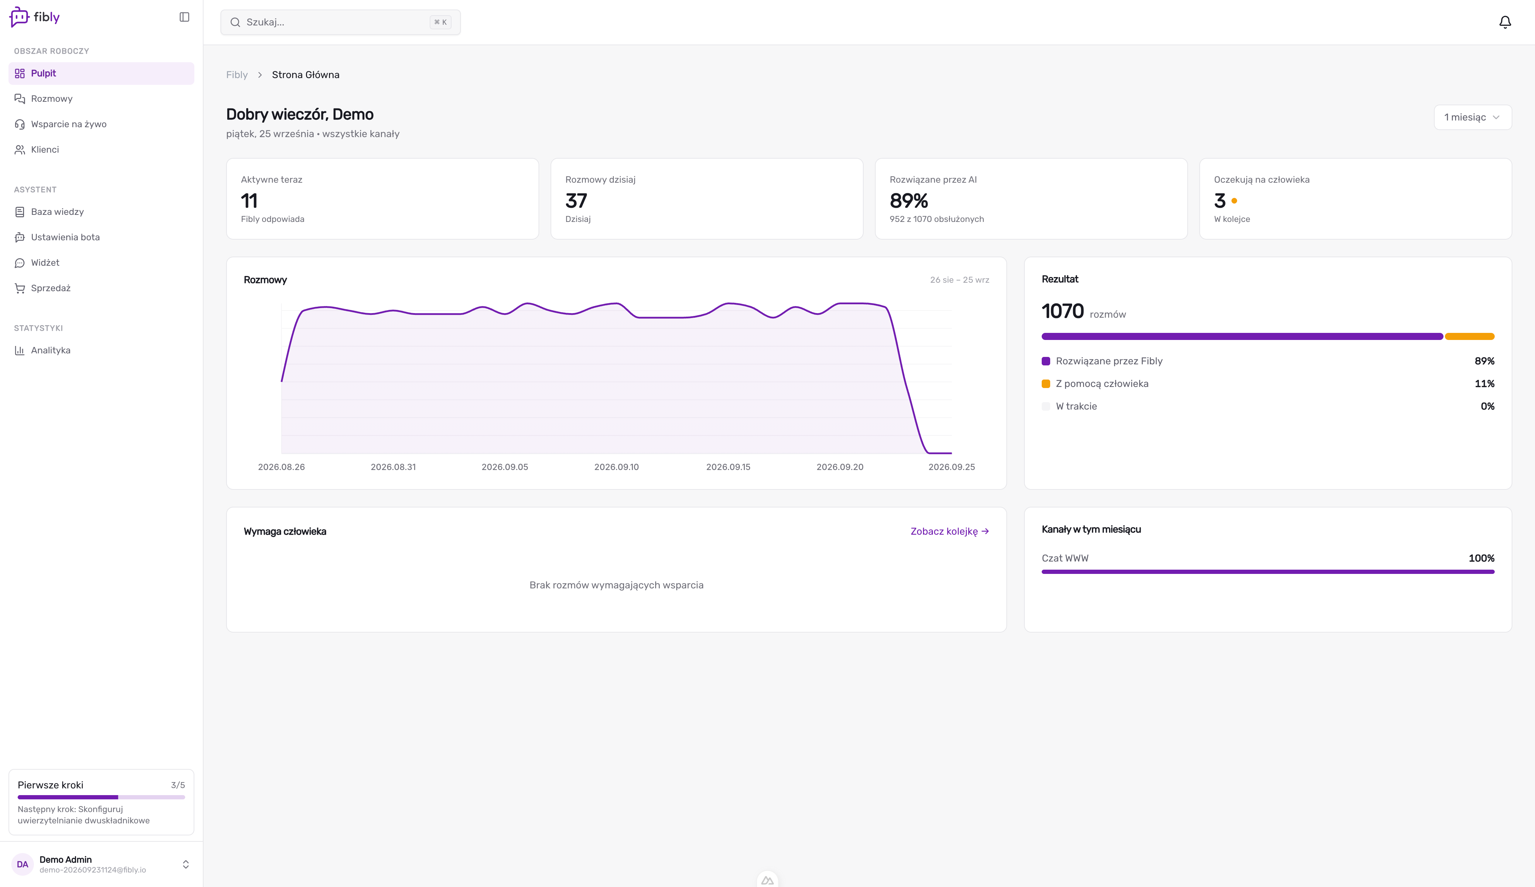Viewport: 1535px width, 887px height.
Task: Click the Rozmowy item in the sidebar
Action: [x=52, y=99]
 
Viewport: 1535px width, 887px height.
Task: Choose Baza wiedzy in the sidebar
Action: [x=57, y=212]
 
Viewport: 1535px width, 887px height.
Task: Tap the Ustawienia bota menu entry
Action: [x=65, y=237]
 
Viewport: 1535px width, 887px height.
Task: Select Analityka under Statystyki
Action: [x=51, y=350]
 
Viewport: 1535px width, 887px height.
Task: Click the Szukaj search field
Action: [x=341, y=23]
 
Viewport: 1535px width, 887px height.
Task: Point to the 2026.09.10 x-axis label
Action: [x=616, y=467]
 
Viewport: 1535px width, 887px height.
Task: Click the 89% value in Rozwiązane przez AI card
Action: [x=909, y=201]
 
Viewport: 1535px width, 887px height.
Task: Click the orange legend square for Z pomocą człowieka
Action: [x=1046, y=384]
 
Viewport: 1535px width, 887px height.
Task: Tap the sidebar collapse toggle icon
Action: [x=184, y=17]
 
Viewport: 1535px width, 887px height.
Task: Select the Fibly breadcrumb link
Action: [x=237, y=75]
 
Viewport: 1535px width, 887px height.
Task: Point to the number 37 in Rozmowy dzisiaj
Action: [x=576, y=201]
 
